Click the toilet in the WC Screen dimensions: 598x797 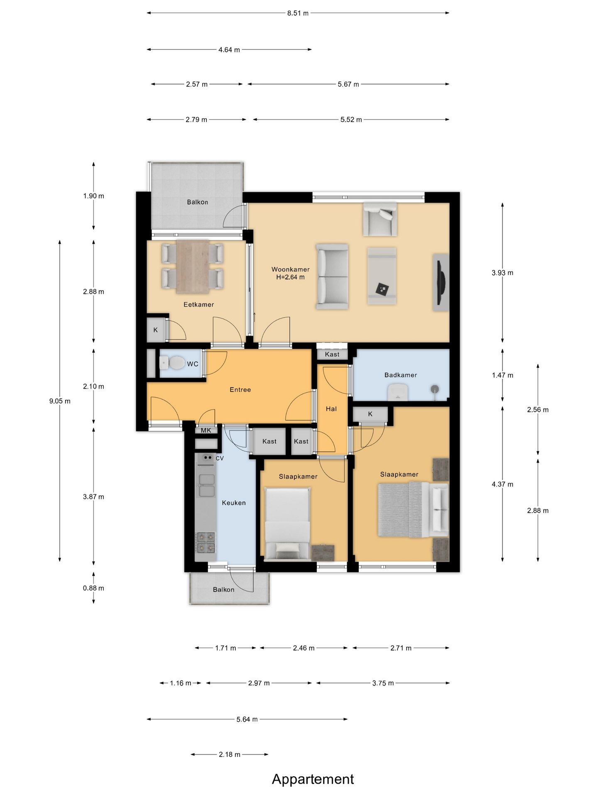pos(172,363)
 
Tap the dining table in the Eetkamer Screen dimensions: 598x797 pos(193,266)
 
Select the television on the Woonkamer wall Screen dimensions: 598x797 pos(442,283)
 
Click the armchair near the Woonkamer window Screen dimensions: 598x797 pos(380,219)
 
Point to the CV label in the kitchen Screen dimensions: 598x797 pos(220,458)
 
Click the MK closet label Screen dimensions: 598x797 pos(206,430)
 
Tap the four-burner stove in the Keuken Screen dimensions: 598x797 pos(206,543)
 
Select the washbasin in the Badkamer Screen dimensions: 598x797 pos(398,391)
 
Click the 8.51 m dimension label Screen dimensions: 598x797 pos(298,13)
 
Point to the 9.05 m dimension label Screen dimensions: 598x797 pos(60,401)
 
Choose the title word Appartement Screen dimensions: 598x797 pos(313,780)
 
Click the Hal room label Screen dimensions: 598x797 pos(331,409)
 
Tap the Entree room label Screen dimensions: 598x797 pos(240,389)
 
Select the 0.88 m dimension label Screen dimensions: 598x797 pos(93,588)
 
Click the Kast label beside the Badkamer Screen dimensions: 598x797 pos(332,354)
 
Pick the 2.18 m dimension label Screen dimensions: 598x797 pos(230,754)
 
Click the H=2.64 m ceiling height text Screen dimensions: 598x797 pos(290,277)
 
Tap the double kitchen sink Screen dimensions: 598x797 pos(206,485)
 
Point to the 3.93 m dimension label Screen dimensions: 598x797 pos(502,273)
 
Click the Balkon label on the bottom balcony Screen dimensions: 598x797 pos(223,589)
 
